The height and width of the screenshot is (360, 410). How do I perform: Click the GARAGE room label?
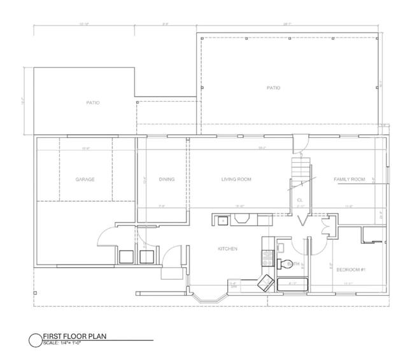pyautogui.click(x=85, y=179)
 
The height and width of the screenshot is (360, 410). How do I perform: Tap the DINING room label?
pyautogui.click(x=167, y=179)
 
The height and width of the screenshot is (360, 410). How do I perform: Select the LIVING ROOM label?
pyautogui.click(x=236, y=179)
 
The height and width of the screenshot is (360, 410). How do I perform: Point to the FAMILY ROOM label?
pyautogui.click(x=350, y=179)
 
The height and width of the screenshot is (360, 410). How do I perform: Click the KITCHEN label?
pyautogui.click(x=227, y=249)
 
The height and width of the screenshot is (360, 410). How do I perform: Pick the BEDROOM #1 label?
pyautogui.click(x=350, y=270)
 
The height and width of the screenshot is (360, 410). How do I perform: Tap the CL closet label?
pyautogui.click(x=300, y=200)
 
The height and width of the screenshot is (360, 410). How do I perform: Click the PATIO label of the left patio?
pyautogui.click(x=93, y=102)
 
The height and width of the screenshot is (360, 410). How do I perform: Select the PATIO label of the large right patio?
pyautogui.click(x=272, y=88)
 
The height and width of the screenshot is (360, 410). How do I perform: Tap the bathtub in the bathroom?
pyautogui.click(x=292, y=284)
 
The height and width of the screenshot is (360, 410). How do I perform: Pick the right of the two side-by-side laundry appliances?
pyautogui.click(x=146, y=256)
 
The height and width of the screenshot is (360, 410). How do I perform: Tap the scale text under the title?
pyautogui.click(x=63, y=343)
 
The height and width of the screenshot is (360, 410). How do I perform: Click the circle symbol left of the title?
pyautogui.click(x=35, y=340)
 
